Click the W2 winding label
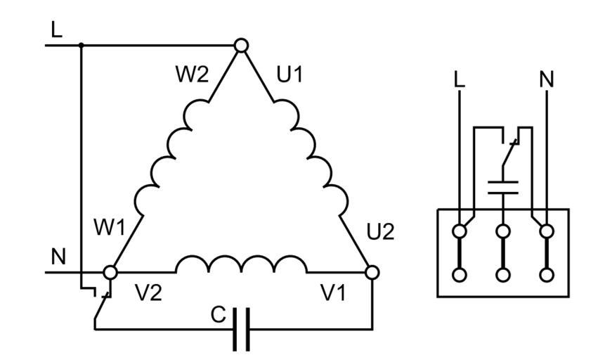pos(192,75)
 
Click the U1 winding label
pos(289,75)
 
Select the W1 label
pos(110,228)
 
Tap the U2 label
pos(381,232)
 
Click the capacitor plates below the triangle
pos(241,328)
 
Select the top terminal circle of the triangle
pos(241,46)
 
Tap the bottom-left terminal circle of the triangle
pos(110,271)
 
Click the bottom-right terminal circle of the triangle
pos(372,271)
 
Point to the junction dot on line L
pos(82,46)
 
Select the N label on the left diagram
pos(58,257)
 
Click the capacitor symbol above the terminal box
pos(503,186)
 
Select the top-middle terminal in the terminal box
pos(503,231)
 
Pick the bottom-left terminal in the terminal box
pos(460,274)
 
